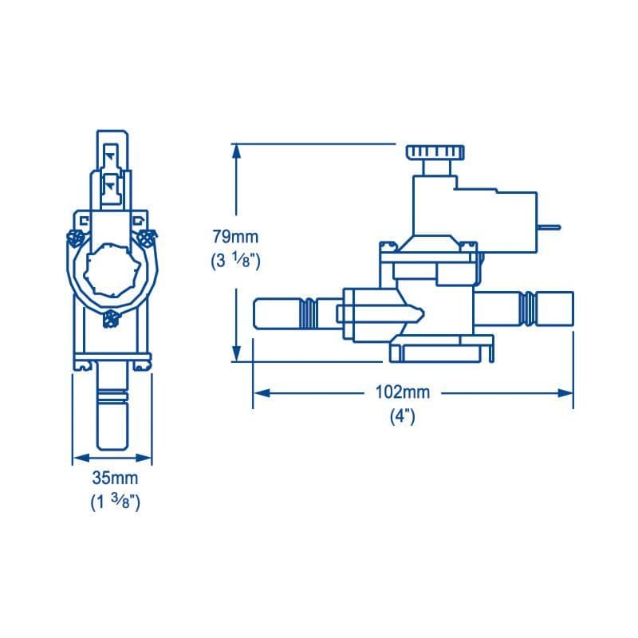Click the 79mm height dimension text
[235, 236]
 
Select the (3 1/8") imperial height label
[235, 261]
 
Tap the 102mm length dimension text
[403, 392]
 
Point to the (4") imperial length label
[402, 417]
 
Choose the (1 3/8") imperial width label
[115, 503]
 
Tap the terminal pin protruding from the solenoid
[549, 226]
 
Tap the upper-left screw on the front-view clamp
[77, 237]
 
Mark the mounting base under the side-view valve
[443, 349]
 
